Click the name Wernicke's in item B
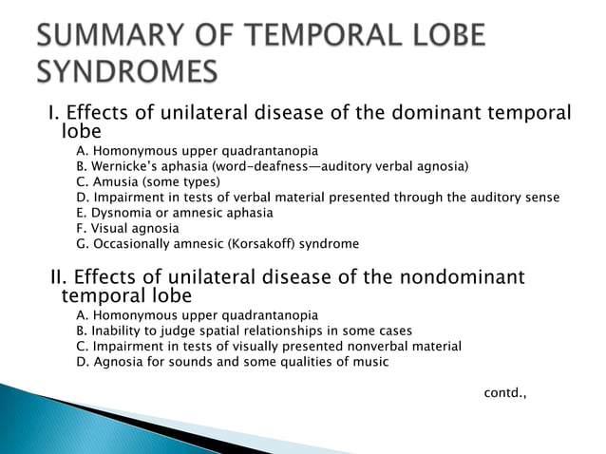coord(123,166)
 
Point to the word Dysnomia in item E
coord(120,213)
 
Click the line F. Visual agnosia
coord(127,228)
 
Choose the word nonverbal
coord(370,346)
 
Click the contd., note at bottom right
coord(504,392)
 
